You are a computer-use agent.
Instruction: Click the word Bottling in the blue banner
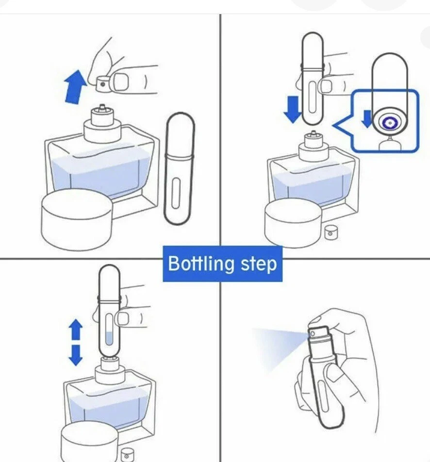pyautogui.click(x=201, y=264)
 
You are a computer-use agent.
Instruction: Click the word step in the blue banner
pyautogui.click(x=259, y=264)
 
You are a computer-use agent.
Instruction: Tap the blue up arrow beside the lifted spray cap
pyautogui.click(x=75, y=87)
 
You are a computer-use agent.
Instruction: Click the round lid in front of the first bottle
pyautogui.click(x=77, y=219)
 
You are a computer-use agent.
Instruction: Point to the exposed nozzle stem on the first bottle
pyautogui.click(x=102, y=107)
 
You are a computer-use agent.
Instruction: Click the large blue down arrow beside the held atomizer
pyautogui.click(x=292, y=110)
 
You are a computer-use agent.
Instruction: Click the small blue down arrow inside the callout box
pyautogui.click(x=367, y=119)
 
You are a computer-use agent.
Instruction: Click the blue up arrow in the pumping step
pyautogui.click(x=75, y=329)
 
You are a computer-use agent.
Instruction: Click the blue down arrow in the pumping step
pyautogui.click(x=75, y=355)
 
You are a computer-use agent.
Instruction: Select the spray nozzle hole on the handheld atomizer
pyautogui.click(x=312, y=334)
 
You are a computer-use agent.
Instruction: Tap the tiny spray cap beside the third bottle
pyautogui.click(x=127, y=455)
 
